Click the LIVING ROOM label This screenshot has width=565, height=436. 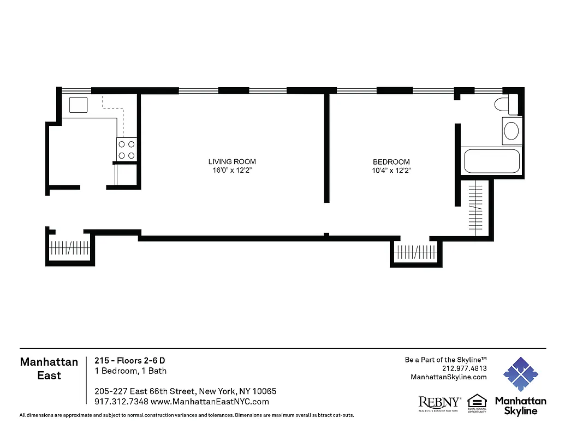pos(232,162)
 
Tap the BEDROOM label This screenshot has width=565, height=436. pos(391,162)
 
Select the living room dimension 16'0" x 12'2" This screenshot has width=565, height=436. pos(232,171)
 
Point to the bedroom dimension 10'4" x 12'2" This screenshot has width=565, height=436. pos(391,171)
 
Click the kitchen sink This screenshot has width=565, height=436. pos(79,104)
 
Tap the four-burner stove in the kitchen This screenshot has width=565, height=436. pos(126,150)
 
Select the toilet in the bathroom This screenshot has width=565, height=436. pos(507,104)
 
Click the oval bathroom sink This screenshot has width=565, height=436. pos(512,131)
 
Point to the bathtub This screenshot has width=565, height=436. pos(491,161)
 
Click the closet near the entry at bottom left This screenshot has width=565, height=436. pos(69,248)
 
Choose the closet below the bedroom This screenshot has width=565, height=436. pos(415,252)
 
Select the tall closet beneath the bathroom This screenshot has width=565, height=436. pos(476,208)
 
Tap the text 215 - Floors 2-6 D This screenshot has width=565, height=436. pos(129,360)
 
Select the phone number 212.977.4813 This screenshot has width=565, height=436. pos(464,368)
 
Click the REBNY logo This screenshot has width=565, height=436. pos(439,403)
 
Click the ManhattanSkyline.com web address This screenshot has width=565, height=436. pos(448,377)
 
